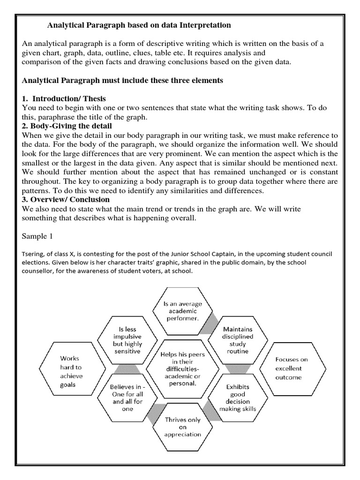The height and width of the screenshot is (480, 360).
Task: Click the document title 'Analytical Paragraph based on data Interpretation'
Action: (140, 24)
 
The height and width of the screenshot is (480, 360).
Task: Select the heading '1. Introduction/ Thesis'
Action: (64, 98)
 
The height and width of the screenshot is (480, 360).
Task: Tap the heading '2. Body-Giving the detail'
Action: (67, 126)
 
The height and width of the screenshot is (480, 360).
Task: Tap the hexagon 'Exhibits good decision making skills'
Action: (237, 398)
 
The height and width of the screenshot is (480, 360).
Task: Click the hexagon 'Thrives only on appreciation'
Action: (182, 427)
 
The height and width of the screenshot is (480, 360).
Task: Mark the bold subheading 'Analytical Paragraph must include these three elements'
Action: (123, 80)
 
